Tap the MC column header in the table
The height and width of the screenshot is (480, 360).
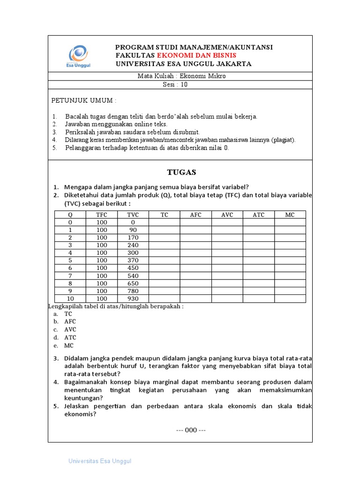pos(290,215)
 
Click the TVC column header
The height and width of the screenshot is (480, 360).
pos(133,215)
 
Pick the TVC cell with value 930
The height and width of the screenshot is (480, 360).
pos(133,299)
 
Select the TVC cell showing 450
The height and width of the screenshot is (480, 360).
pos(133,268)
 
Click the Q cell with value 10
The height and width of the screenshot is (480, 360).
pos(70,299)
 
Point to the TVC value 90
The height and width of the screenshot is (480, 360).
pos(133,230)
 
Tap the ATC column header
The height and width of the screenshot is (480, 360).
pos(258,215)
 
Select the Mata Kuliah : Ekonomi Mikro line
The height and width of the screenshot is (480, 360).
pos(181,76)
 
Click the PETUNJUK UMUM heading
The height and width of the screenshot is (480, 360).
pos(83,101)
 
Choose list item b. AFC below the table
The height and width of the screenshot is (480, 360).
pos(70,322)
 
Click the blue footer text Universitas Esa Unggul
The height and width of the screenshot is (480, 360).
pos(100,461)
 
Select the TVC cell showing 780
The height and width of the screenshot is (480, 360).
pos(133,291)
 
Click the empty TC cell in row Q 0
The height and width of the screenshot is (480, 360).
pos(164,222)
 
